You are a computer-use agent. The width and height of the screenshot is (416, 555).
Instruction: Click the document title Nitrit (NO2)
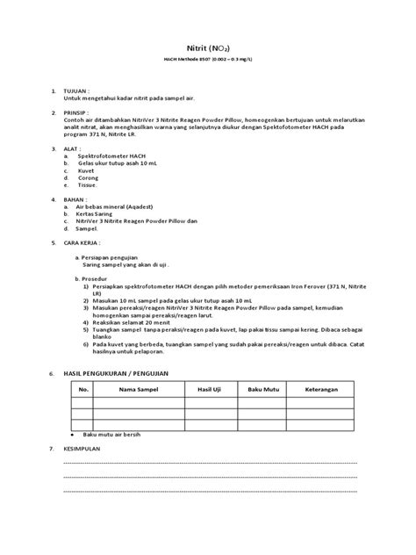pyautogui.click(x=208, y=54)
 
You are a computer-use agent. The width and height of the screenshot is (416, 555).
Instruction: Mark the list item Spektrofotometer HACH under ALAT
pyautogui.click(x=109, y=156)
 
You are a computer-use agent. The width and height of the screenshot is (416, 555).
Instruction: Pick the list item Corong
pyautogui.click(x=89, y=178)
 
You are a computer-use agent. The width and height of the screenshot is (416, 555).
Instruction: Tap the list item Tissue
pyautogui.click(x=88, y=185)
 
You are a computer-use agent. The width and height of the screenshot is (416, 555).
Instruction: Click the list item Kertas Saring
pyautogui.click(x=97, y=213)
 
